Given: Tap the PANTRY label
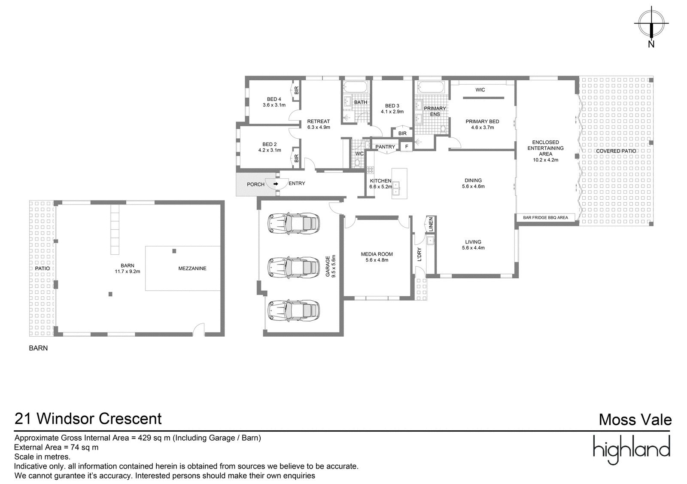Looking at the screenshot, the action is point(385,147).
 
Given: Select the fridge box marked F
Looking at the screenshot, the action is point(407,146).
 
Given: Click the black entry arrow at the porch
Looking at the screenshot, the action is point(276,184).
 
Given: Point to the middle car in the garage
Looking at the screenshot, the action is point(294,268).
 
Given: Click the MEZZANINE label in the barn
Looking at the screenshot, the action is point(192,268).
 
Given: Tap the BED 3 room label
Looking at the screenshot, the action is point(392,106).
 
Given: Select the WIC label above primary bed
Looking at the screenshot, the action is point(480,90).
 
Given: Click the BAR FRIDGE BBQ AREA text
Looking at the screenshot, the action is point(546,218).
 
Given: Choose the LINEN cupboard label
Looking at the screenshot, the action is point(431,224).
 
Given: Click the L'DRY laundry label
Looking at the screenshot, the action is point(419,254).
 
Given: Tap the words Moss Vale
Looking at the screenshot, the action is point(635,420).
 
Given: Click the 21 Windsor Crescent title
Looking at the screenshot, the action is point(88,419).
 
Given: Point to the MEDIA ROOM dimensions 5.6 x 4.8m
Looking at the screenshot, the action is point(377,260).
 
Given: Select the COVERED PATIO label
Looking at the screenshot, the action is point(616,151).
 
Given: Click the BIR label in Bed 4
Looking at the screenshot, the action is point(296,91).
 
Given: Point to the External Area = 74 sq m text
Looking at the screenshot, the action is point(56,447).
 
